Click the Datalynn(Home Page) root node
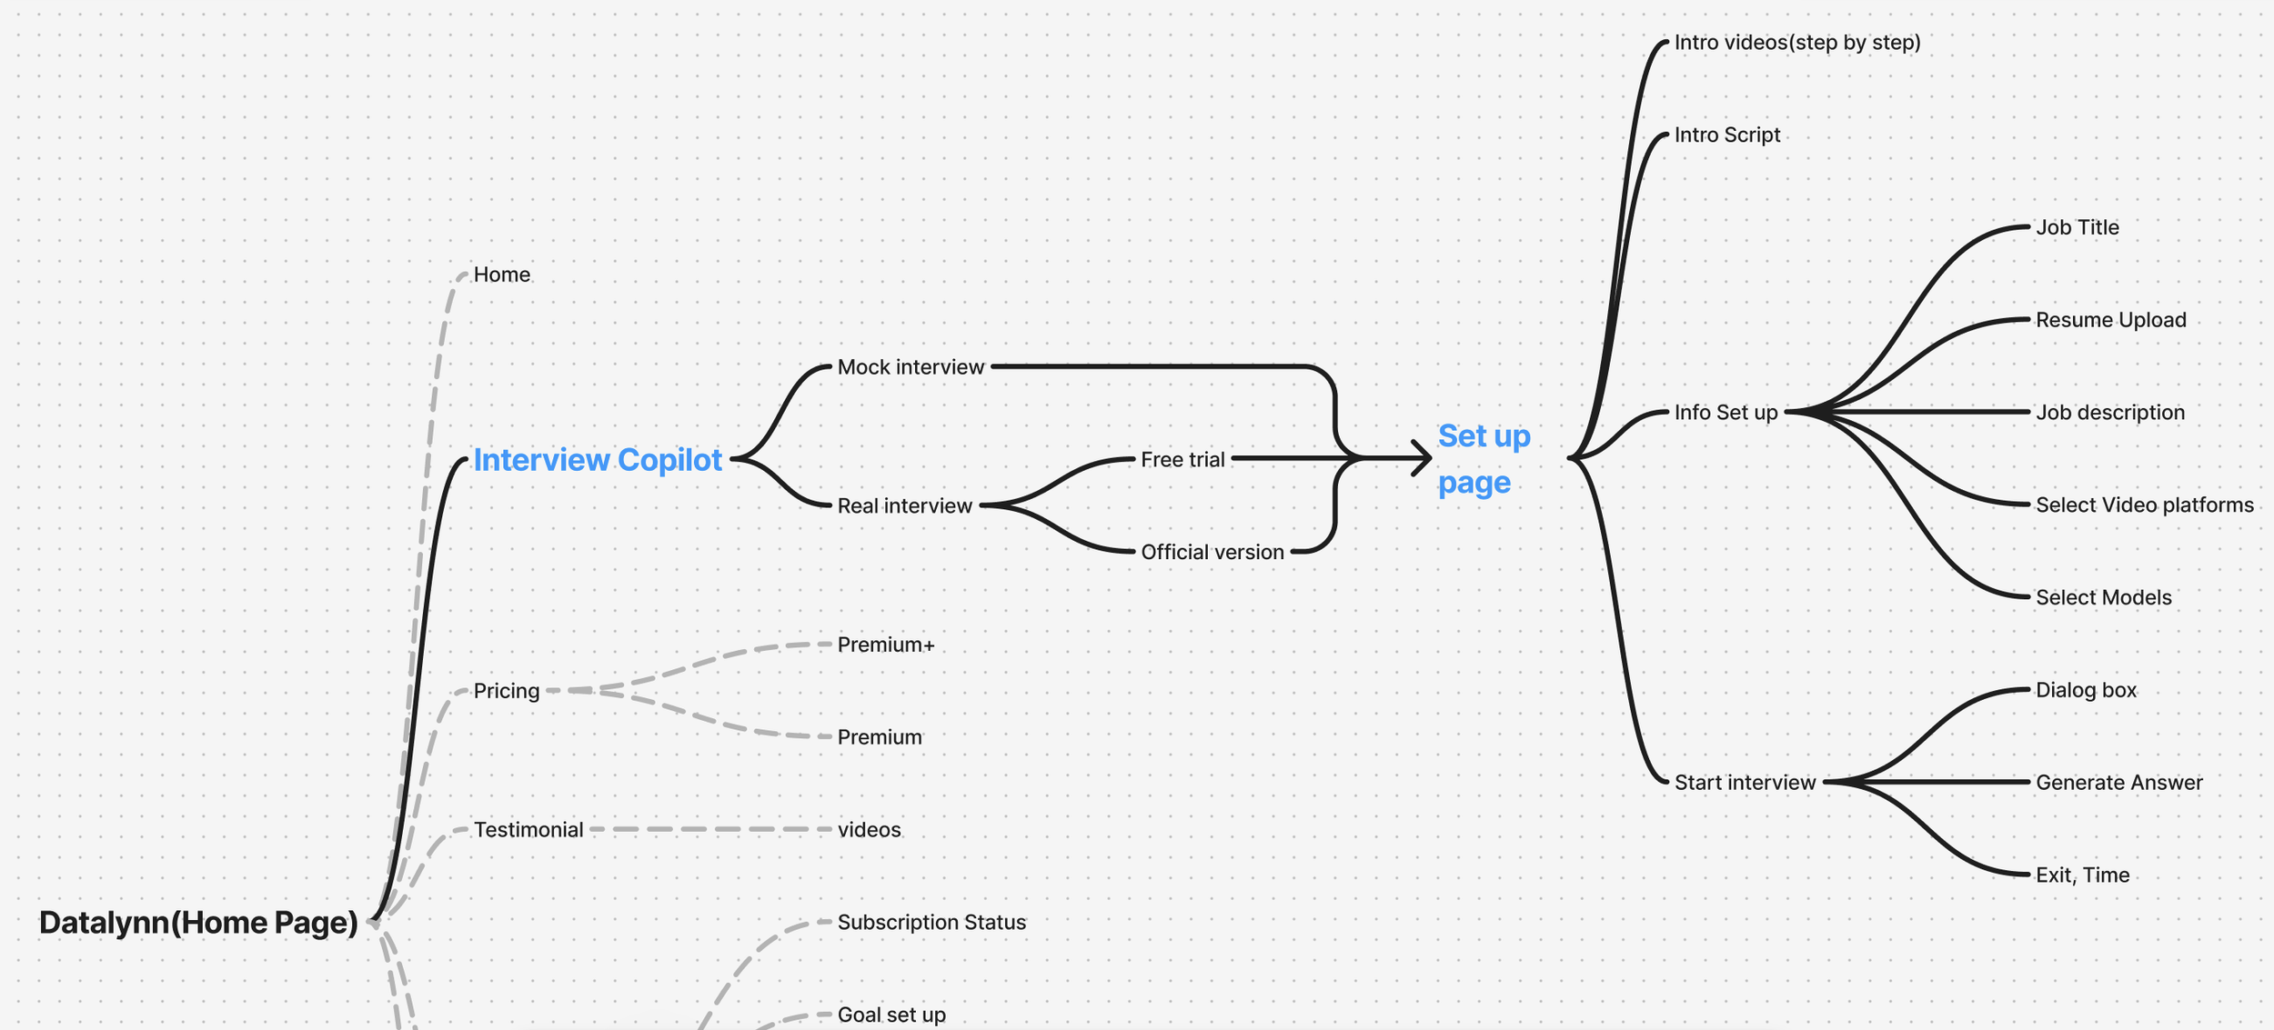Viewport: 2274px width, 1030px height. tap(198, 923)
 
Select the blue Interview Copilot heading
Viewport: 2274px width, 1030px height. tap(598, 460)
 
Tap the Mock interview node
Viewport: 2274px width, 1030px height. tap(911, 367)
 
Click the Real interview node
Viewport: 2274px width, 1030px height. tap(904, 505)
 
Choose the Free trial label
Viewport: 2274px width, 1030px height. tap(1182, 460)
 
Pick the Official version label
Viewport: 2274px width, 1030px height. tap(1212, 552)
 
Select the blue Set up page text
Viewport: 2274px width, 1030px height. tap(1483, 459)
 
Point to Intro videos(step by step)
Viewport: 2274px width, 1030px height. tap(1796, 43)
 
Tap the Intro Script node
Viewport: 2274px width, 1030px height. tap(1726, 135)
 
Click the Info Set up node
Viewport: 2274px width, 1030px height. tap(1726, 413)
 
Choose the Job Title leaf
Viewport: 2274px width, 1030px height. tap(2077, 227)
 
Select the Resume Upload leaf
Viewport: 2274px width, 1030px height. tap(2110, 320)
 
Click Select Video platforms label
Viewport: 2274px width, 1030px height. tap(2144, 505)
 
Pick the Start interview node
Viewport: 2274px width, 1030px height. tap(1744, 783)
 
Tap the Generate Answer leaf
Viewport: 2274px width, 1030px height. tap(2118, 783)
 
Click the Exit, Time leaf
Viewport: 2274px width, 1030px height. tap(2082, 875)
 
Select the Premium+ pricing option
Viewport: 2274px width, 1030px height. tap(885, 645)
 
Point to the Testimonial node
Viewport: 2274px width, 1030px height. tap(528, 830)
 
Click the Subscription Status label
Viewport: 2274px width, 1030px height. tap(931, 922)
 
